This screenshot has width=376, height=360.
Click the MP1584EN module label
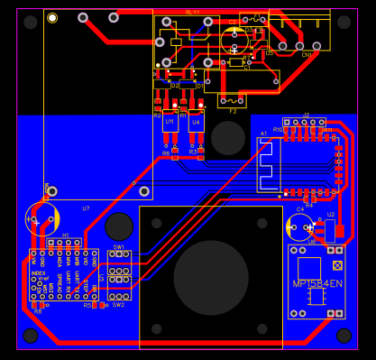point(317,283)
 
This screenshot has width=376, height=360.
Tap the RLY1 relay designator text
point(192,13)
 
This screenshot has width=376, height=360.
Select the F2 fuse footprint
point(232,100)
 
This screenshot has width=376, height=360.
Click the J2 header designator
point(306,115)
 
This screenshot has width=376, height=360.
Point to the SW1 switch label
point(118,246)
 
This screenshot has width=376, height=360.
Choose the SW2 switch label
point(118,305)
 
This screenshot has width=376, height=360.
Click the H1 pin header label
point(65,235)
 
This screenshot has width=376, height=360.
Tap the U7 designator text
point(86,208)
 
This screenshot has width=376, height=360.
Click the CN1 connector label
point(306,54)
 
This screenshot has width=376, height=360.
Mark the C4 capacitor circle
point(299,226)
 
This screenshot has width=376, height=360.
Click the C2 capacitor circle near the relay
point(234,39)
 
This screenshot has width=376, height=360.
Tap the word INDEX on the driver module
point(38,272)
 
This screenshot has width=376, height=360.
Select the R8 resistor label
point(37,311)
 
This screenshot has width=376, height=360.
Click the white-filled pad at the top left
point(52,18)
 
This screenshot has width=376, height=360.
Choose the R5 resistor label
point(87,305)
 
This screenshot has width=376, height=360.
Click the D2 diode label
point(175,85)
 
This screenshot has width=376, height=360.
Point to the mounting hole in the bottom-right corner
point(344,336)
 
